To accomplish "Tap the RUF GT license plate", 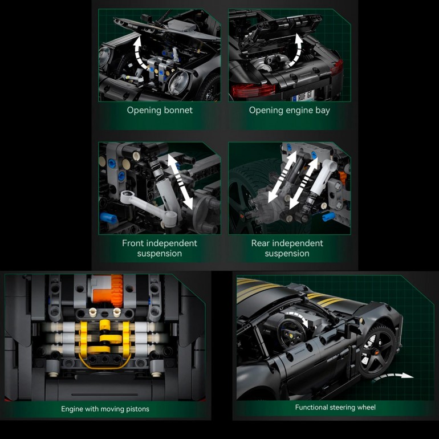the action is coord(302,96).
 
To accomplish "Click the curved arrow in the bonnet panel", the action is coord(139,52).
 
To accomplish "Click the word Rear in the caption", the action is coord(261,243).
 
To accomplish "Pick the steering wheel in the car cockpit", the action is coord(292,332).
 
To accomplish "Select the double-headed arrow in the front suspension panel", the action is coord(180,182).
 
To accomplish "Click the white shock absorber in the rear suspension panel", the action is coord(320,185).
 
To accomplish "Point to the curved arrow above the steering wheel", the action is coord(298,318).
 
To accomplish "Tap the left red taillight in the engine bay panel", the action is coord(253,90).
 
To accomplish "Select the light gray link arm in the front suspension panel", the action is coord(148,206).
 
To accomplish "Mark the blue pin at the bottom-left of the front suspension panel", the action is coord(108,218).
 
